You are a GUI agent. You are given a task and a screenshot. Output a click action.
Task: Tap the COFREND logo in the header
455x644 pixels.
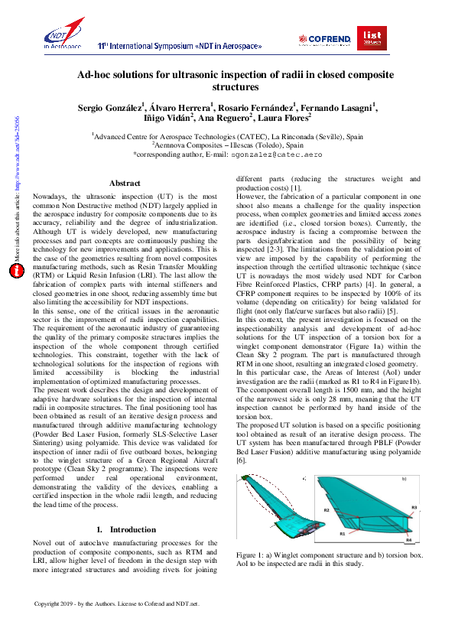[x=327, y=38]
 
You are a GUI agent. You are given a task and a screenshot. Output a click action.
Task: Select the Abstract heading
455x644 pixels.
[x=125, y=184]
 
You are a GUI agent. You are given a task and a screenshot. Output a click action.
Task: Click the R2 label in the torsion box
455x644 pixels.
[x=327, y=509]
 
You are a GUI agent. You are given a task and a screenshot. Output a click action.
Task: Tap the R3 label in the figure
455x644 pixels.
[x=414, y=507]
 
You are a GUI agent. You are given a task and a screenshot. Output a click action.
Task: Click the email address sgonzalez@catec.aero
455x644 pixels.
[x=273, y=154]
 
